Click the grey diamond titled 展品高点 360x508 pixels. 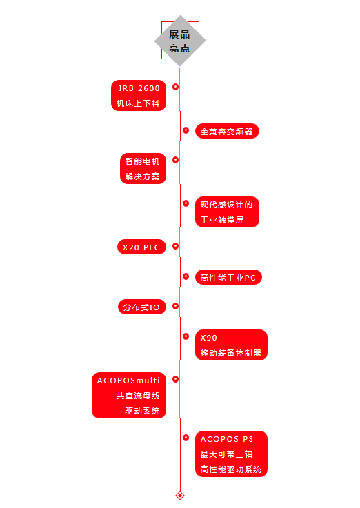(x=180, y=41)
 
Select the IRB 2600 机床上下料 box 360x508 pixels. (x=139, y=95)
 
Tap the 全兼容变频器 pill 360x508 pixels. (x=227, y=131)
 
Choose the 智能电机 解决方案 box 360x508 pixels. (x=143, y=168)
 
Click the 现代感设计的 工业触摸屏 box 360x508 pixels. (x=227, y=212)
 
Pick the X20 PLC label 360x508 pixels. (x=141, y=247)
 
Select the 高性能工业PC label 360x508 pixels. (x=228, y=277)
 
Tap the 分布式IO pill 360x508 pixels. (x=142, y=307)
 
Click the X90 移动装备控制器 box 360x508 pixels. (x=231, y=345)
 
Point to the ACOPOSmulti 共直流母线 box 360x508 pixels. (x=129, y=395)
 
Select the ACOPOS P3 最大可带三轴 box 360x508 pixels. (x=231, y=454)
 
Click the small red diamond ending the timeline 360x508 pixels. (x=180, y=496)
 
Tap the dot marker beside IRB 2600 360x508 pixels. (x=175, y=87)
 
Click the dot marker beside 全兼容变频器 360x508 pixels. (x=186, y=130)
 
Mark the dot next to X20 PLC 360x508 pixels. (x=175, y=246)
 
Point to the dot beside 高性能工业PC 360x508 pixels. (x=186, y=276)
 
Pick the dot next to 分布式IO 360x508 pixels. (x=175, y=306)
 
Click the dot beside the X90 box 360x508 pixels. (x=186, y=336)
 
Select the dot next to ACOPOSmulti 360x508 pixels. (x=175, y=379)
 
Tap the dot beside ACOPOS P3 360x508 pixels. (x=186, y=438)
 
